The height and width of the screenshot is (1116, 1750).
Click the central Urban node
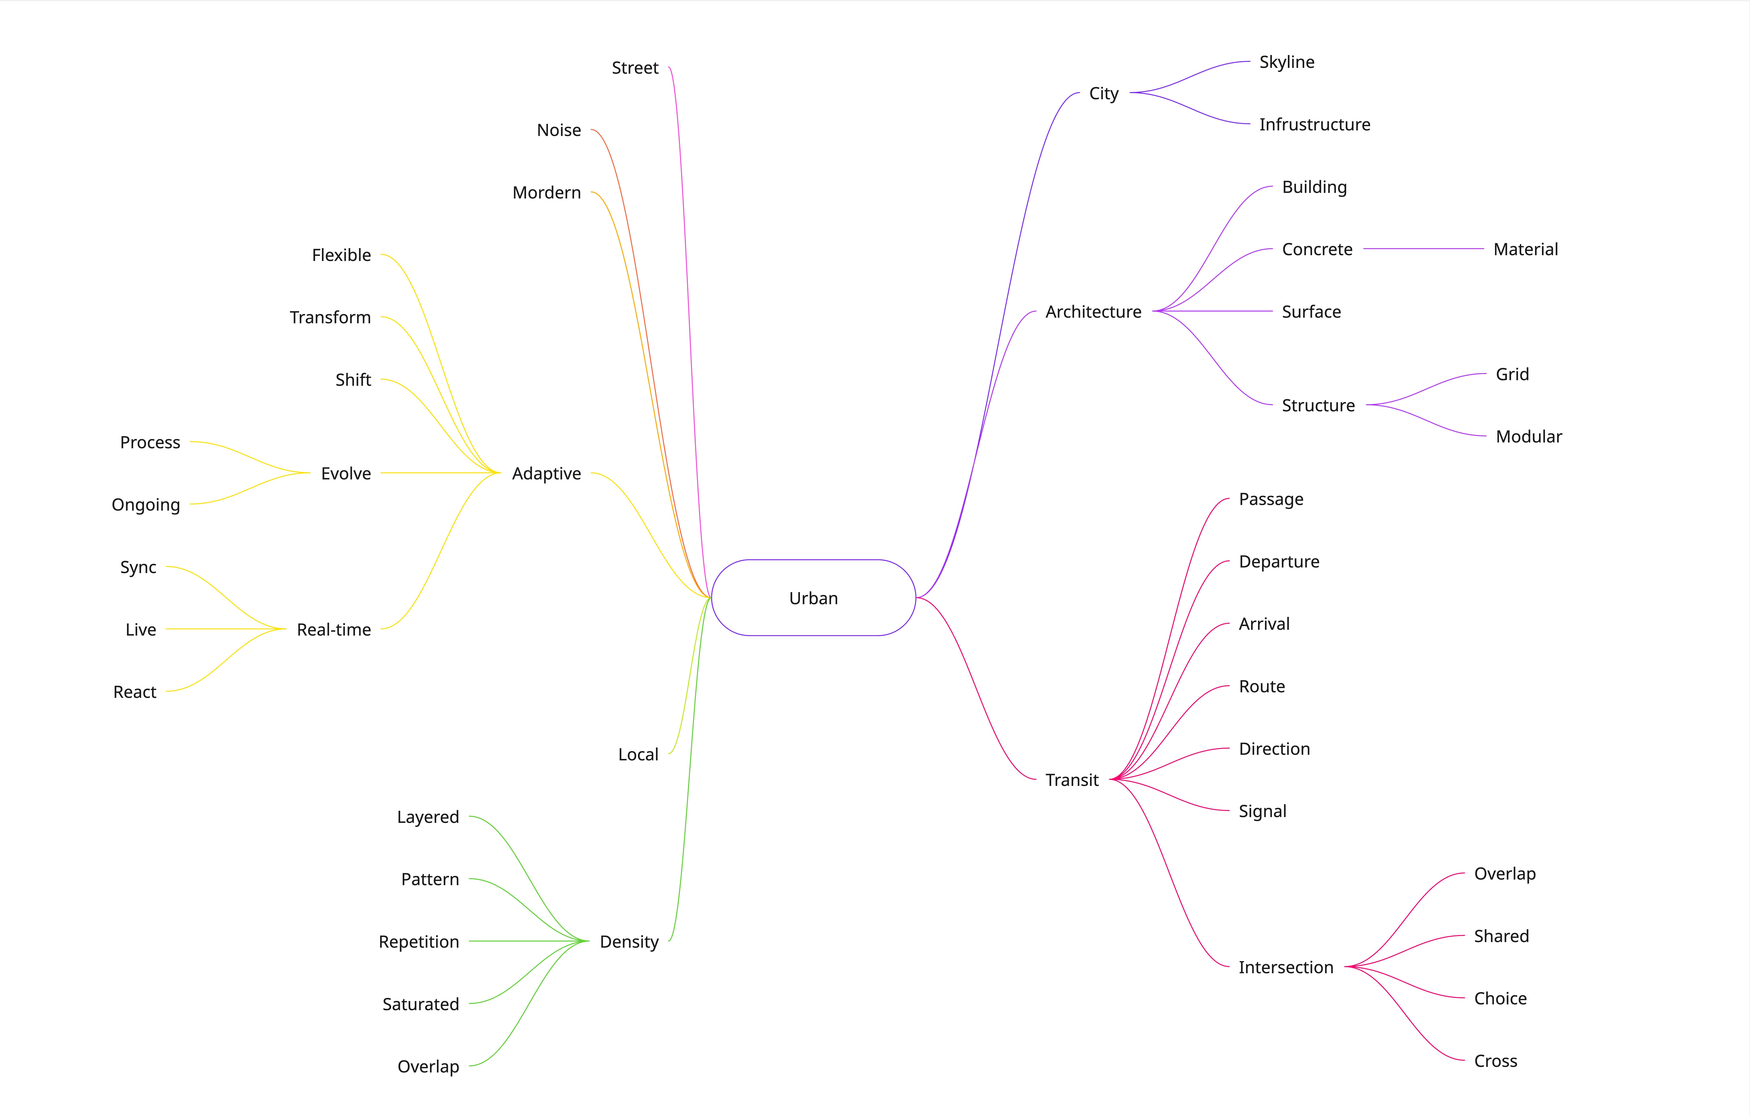pos(813,598)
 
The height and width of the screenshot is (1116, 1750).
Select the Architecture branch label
pos(1093,312)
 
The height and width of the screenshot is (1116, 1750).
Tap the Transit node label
pos(1072,780)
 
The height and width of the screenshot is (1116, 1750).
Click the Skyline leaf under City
pos(1286,62)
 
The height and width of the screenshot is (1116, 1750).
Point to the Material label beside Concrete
pos(1525,249)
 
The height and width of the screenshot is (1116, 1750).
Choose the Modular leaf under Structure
pos(1528,437)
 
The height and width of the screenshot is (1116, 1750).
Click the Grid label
pos(1512,374)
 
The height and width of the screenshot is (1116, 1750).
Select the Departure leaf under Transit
pos(1278,562)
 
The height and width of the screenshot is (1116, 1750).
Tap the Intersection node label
pos(1286,968)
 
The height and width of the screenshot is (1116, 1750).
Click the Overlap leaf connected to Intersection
pos(1504,874)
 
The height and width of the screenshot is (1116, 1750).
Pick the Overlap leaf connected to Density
pos(428,1066)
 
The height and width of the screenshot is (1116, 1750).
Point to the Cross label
pos(1495,1061)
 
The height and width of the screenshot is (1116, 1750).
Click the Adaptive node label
pos(547,474)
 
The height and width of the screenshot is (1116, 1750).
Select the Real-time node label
pos(334,630)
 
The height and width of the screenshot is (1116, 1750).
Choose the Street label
pos(634,68)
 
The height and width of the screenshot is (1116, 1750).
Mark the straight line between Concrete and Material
pos(1423,249)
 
